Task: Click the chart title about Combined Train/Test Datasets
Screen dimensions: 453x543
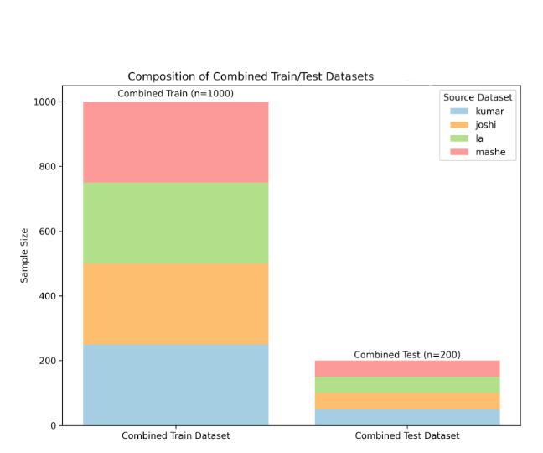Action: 251,76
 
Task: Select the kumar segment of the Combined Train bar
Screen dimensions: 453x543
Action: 175,385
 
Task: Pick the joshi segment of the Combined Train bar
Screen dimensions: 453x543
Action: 175,304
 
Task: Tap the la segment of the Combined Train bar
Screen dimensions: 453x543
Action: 175,222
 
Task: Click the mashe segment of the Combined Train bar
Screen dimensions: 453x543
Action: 175,142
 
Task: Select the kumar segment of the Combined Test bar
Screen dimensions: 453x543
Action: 407,417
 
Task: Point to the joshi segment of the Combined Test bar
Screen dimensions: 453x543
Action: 407,401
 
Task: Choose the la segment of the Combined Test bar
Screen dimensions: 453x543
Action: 407,385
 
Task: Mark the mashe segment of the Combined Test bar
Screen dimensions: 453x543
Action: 407,368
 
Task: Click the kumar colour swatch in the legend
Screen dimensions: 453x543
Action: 458,111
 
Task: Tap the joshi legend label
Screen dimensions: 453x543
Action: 487,124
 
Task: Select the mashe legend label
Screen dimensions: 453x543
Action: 490,152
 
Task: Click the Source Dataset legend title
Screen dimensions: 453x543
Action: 478,97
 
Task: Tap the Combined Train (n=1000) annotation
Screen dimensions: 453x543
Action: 175,93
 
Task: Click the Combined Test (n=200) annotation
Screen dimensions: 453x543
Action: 407,354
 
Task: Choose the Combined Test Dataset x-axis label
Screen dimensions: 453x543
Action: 407,436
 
